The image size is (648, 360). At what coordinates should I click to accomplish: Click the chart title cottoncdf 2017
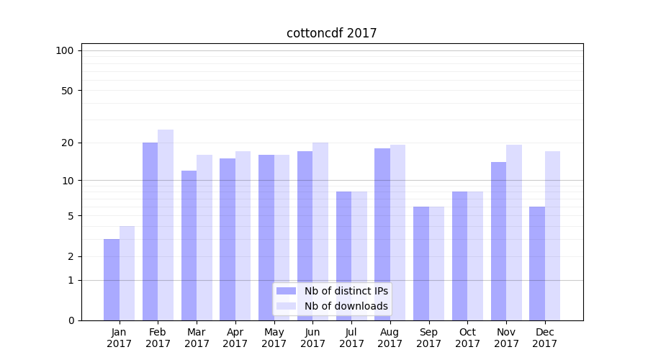tap(331, 33)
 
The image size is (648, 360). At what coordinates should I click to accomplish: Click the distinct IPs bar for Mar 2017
tap(189, 245)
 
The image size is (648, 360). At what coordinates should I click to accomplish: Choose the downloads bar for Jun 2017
tap(320, 231)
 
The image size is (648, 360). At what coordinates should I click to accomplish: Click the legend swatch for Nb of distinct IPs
tap(286, 291)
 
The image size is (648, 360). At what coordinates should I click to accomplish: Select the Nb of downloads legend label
tap(346, 306)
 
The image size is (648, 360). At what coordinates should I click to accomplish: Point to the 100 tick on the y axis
tap(65, 50)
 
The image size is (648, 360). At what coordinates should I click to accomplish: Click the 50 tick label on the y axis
tap(67, 91)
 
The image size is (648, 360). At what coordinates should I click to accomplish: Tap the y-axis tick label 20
tap(67, 143)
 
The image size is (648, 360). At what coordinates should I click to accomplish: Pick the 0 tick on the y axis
tap(70, 320)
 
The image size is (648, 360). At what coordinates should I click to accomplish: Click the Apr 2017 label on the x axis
tap(235, 338)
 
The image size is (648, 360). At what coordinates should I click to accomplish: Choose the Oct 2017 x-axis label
tap(467, 338)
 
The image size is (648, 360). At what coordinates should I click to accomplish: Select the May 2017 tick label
tap(274, 338)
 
